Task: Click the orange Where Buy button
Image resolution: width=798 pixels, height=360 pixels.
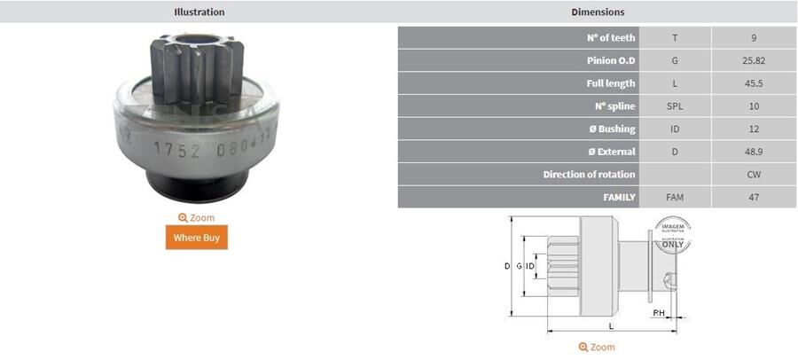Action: coord(196,238)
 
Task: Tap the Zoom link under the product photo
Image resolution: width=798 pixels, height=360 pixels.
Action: coord(196,217)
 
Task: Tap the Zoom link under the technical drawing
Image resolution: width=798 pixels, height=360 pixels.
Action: coord(597,347)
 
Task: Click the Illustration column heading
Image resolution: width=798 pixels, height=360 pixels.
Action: coord(199,12)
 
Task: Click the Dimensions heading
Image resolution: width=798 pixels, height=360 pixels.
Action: coord(597,12)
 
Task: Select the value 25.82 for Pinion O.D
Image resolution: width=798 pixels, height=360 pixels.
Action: coord(754,60)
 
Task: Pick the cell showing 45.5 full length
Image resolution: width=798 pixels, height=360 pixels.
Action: coord(754,83)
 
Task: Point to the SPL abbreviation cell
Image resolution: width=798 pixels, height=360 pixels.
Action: coord(675,106)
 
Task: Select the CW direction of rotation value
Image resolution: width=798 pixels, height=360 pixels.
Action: coord(754,174)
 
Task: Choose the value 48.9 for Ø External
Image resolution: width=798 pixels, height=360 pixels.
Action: coord(754,152)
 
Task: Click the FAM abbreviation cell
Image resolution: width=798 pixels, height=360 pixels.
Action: coord(675,197)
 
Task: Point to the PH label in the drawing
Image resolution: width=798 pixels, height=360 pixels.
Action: coord(659,313)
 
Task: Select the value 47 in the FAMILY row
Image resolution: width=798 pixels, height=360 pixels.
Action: coord(754,197)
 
